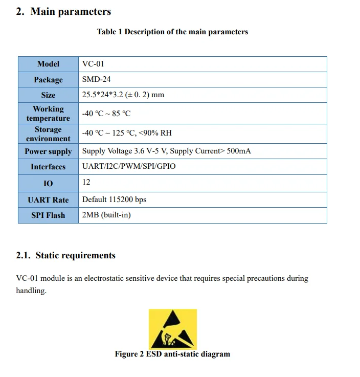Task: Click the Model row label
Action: click(x=48, y=64)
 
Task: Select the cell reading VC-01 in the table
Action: click(x=93, y=64)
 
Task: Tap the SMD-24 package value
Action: click(x=96, y=79)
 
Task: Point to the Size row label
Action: click(x=48, y=95)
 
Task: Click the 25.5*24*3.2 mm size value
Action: click(x=123, y=95)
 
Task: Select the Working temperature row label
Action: click(x=48, y=114)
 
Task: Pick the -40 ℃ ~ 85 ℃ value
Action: click(x=106, y=114)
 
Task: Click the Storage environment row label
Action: click(x=48, y=134)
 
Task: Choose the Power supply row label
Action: click(x=48, y=151)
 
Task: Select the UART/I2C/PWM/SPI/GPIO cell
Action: click(x=128, y=167)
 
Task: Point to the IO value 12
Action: click(x=86, y=182)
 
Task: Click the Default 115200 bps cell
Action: click(x=114, y=199)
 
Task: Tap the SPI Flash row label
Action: click(x=48, y=215)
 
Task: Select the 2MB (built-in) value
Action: click(x=106, y=215)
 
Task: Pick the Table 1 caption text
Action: click(x=172, y=32)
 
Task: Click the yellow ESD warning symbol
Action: click(x=172, y=329)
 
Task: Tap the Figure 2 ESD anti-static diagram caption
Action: click(x=172, y=354)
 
